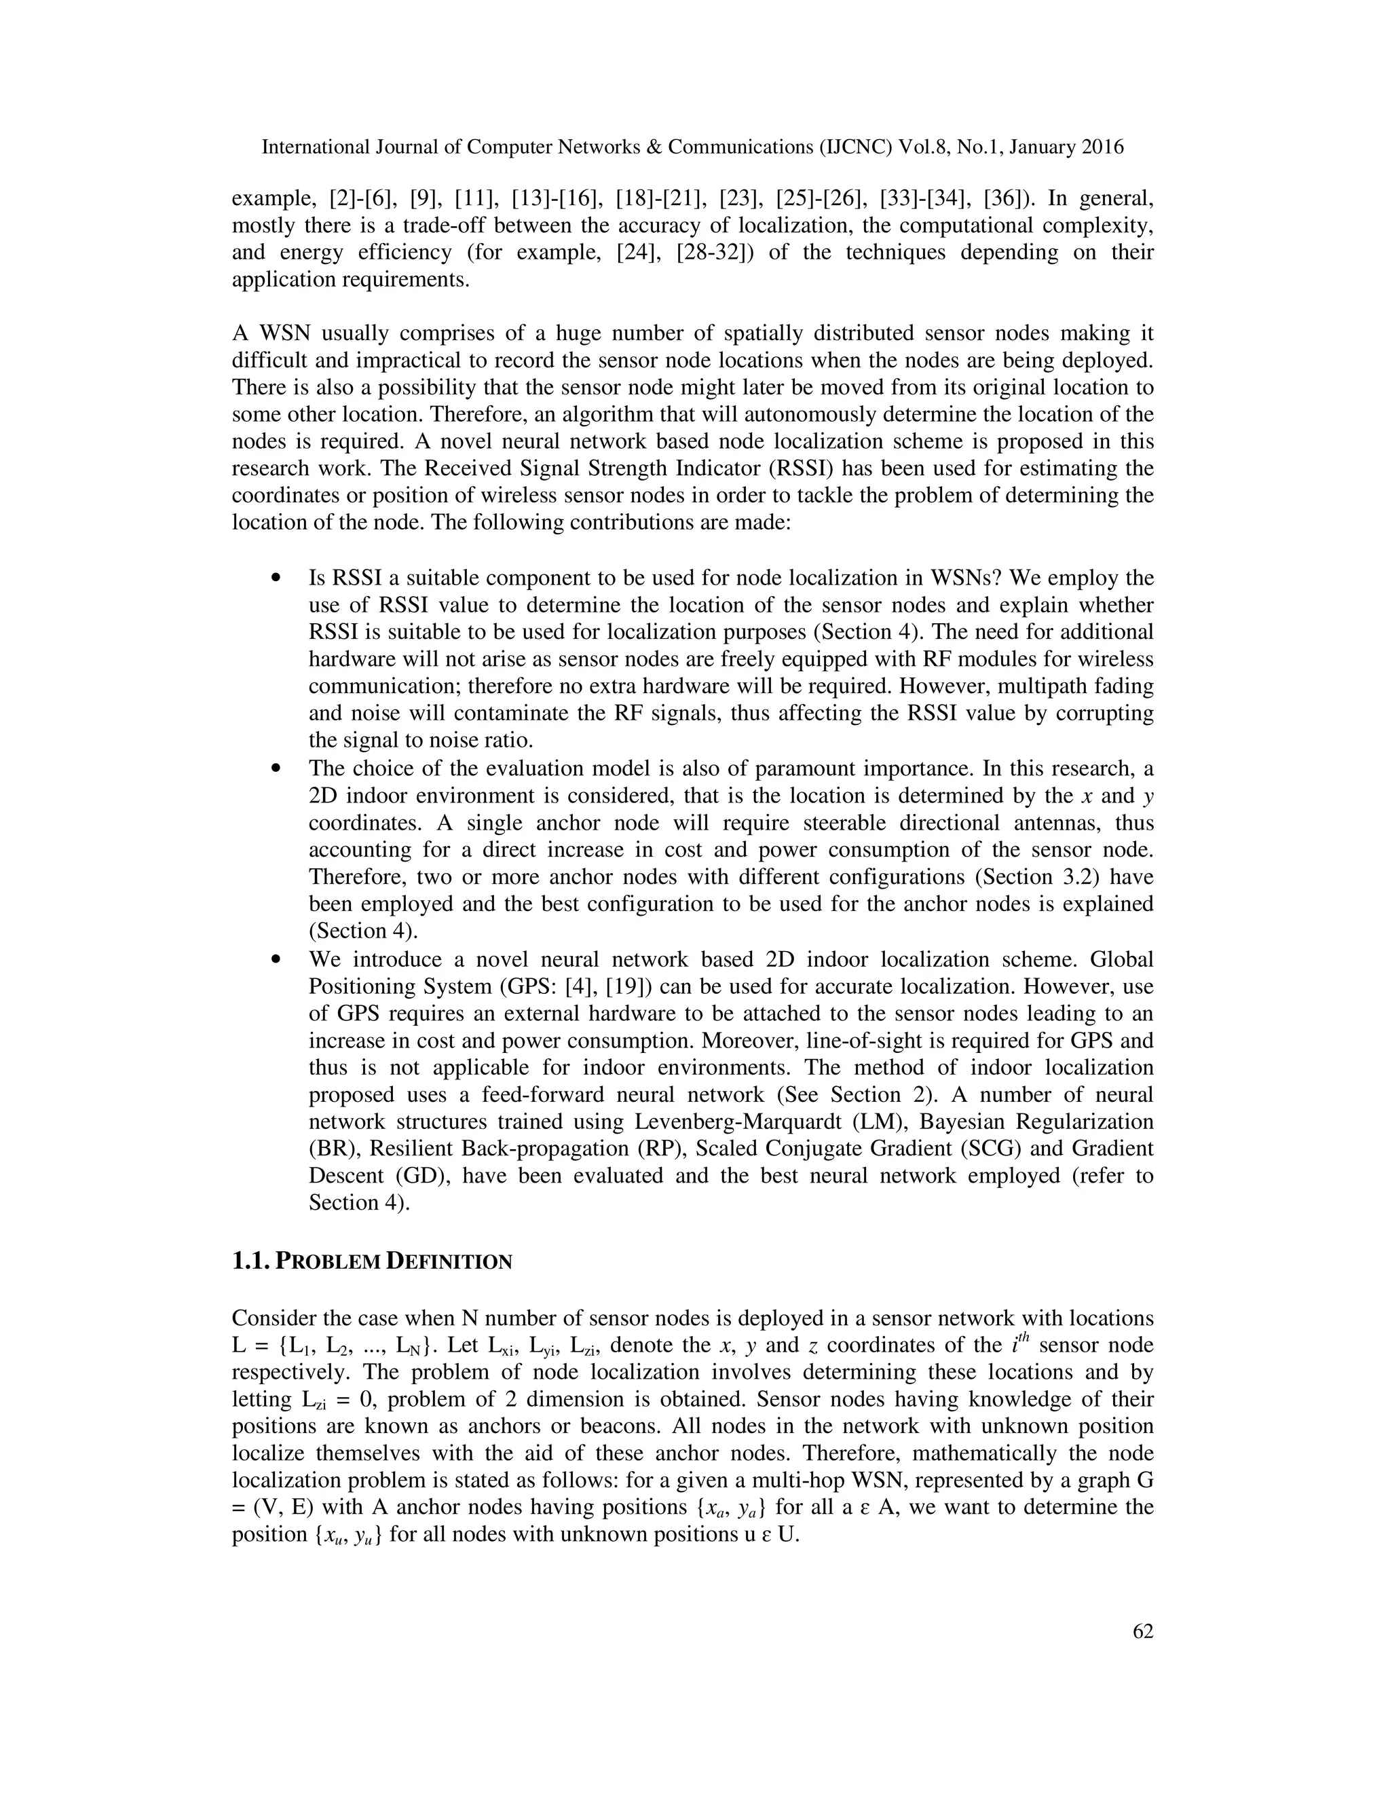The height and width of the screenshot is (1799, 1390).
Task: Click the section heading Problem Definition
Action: tap(372, 1261)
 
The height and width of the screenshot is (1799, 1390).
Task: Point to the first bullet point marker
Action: tap(277, 578)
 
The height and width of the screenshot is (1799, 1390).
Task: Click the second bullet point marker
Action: tap(277, 768)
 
